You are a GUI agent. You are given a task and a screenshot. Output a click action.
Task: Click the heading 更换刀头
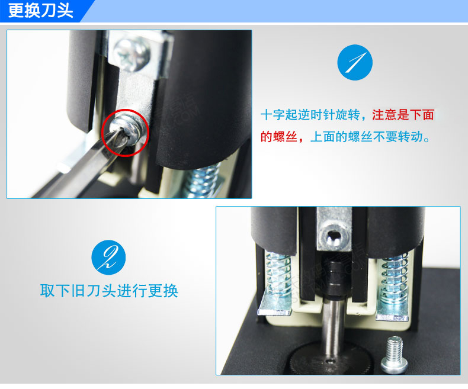[41, 11]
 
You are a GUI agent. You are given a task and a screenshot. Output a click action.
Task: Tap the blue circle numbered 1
[355, 62]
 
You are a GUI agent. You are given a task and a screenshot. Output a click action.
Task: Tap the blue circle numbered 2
[108, 257]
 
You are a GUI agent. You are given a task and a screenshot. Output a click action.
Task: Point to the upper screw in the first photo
[132, 54]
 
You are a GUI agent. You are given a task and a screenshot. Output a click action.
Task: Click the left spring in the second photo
[278, 276]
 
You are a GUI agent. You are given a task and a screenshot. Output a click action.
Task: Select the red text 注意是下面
[403, 114]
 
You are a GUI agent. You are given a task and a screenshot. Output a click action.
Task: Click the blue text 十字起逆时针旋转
[310, 114]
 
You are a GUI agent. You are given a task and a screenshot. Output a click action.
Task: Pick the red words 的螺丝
[279, 137]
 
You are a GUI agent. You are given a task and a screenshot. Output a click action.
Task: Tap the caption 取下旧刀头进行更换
[109, 290]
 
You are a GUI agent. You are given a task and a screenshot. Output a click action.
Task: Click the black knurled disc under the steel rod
[332, 359]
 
